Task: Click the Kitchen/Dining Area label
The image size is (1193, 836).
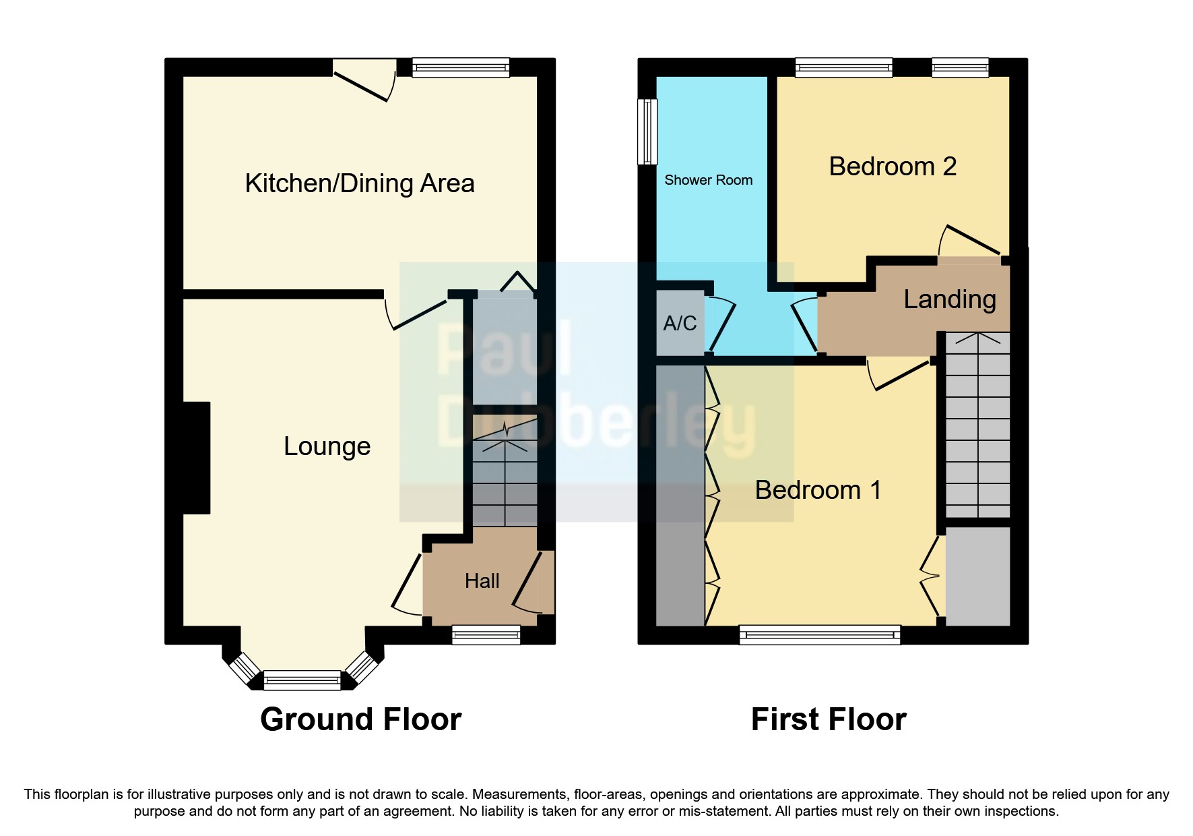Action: pos(359,183)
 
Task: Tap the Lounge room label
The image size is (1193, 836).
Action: pos(327,446)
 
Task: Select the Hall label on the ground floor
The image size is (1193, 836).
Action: pos(482,581)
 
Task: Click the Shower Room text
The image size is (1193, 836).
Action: pos(708,180)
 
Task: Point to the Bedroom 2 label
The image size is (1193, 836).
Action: pos(892,167)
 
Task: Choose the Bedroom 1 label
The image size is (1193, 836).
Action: pos(818,490)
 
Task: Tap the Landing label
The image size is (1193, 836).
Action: pos(949,299)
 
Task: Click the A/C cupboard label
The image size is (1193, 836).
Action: pos(679,324)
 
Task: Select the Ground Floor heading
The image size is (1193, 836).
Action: pos(360,719)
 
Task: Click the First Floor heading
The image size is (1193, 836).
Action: pos(828,719)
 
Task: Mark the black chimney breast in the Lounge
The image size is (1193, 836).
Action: pos(196,458)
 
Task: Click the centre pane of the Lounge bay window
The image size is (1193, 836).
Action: pos(302,681)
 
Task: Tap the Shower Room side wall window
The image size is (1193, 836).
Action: pos(647,131)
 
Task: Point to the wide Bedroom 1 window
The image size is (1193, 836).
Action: pos(819,634)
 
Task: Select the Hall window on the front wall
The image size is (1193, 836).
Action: pos(486,634)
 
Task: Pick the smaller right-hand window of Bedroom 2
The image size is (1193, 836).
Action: pos(960,67)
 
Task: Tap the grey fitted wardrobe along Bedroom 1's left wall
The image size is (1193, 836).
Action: pos(680,496)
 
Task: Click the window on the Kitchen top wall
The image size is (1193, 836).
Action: pos(461,67)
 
